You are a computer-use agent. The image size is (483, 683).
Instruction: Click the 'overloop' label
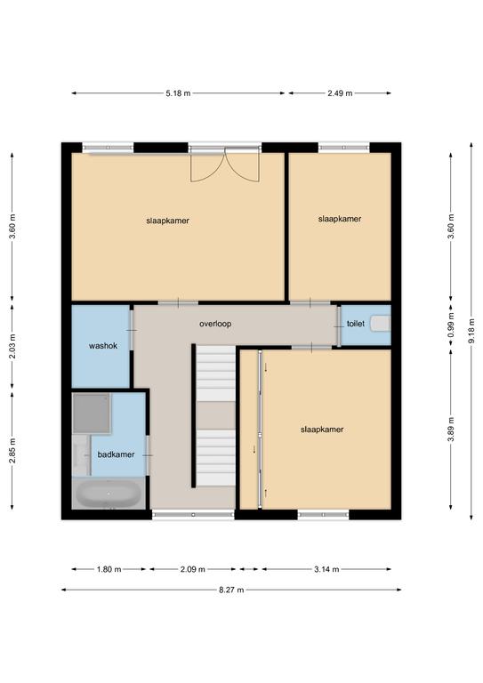(215, 324)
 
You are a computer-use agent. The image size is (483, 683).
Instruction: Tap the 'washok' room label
(103, 346)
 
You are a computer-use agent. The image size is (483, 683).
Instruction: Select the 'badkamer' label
(116, 454)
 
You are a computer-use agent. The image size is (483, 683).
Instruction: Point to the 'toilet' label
(356, 324)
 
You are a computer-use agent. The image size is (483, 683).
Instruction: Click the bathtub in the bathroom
(109, 494)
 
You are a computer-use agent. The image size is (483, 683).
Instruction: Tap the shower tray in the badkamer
(91, 414)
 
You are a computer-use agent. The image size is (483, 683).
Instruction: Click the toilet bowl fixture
(380, 324)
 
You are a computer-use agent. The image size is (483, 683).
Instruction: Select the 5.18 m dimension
(178, 93)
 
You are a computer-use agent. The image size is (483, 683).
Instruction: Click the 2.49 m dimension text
(340, 93)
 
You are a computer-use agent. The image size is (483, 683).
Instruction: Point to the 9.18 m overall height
(471, 332)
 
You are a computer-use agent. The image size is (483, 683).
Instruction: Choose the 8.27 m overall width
(231, 590)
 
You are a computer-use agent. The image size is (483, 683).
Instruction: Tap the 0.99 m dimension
(451, 325)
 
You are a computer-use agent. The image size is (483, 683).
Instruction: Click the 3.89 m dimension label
(451, 429)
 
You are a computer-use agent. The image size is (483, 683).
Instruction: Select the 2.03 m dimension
(12, 346)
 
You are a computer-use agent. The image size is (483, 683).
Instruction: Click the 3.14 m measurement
(326, 569)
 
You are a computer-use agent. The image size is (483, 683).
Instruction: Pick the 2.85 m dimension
(12, 450)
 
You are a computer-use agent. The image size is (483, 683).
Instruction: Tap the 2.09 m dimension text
(192, 569)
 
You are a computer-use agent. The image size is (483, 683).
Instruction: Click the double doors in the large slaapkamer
(225, 165)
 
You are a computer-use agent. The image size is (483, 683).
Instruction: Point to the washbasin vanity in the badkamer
(82, 454)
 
